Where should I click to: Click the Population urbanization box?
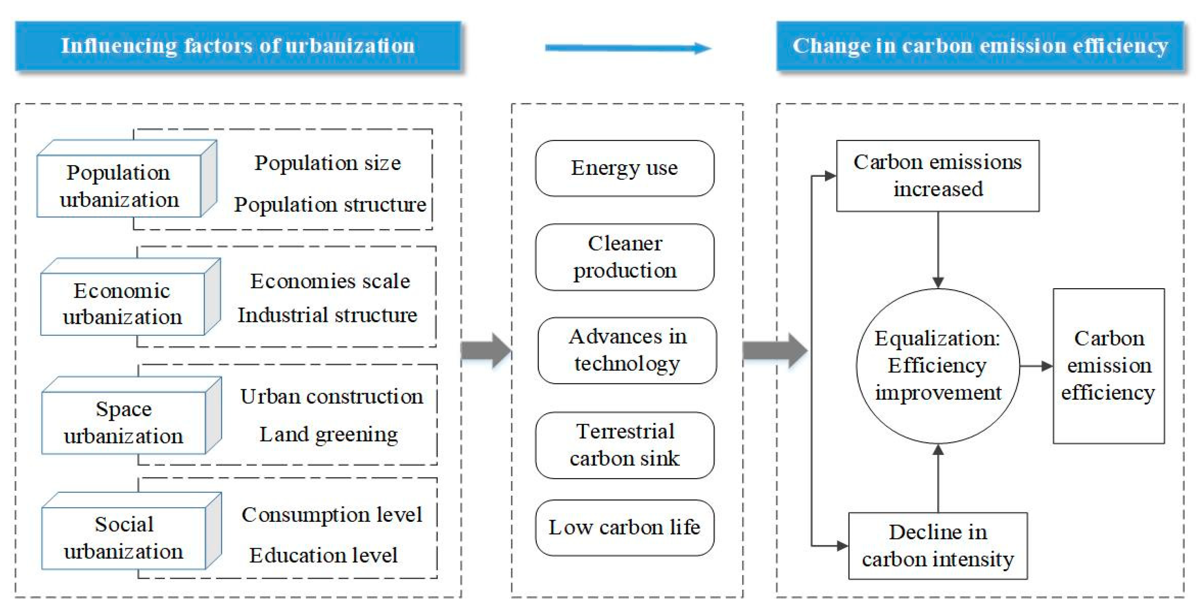tap(119, 186)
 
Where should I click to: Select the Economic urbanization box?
tap(123, 304)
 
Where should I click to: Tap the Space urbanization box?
tap(123, 422)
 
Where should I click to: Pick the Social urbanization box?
tap(123, 537)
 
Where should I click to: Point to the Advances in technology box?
tap(627, 350)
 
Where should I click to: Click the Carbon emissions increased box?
tap(937, 176)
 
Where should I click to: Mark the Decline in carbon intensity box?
tap(937, 545)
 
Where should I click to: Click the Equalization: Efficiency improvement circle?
tap(937, 366)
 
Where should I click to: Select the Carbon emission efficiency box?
tap(1108, 366)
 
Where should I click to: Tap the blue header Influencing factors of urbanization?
tap(238, 46)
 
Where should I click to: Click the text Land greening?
tap(329, 435)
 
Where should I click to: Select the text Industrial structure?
tap(327, 316)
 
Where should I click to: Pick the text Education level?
tap(323, 555)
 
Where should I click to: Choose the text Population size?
tap(327, 163)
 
